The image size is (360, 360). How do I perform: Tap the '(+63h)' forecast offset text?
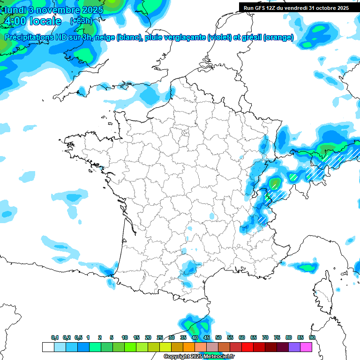coord(81,21)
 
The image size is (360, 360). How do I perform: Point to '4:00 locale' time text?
coord(33,21)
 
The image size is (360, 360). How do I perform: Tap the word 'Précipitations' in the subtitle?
coord(28,37)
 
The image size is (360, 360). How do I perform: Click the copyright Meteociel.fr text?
coord(199,356)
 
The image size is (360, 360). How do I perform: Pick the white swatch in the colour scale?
coord(48,347)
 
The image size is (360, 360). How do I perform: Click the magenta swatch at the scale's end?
coord(307,347)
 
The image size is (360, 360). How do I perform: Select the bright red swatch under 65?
coord(248,347)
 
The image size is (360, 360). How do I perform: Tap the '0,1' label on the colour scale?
coord(55,337)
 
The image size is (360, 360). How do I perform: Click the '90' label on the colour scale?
coord(312,337)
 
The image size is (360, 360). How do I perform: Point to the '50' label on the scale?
coord(218,337)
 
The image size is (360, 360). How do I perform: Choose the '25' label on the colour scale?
coord(160,337)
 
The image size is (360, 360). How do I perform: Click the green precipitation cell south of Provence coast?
coord(307,267)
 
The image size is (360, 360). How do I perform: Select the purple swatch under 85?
coord(295,347)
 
